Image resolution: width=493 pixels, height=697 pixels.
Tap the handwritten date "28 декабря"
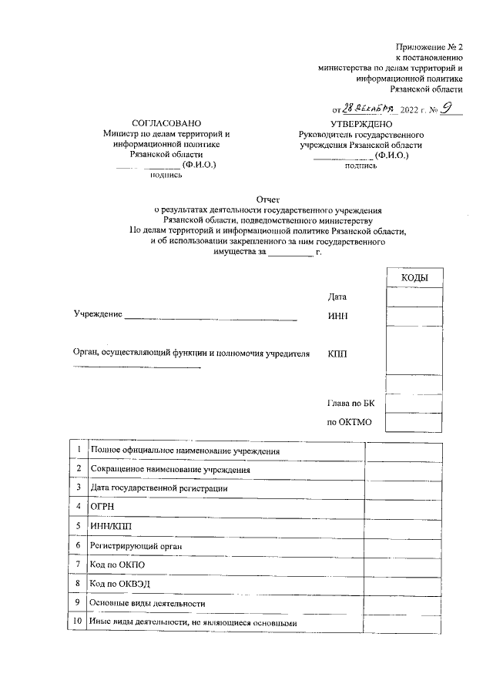[x=371, y=109]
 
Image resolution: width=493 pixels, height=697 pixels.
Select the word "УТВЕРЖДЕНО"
[x=361, y=123]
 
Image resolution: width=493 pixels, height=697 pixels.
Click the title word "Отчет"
[x=267, y=198]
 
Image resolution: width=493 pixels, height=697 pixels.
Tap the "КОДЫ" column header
[x=414, y=278]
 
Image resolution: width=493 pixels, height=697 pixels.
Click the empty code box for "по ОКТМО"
[x=414, y=422]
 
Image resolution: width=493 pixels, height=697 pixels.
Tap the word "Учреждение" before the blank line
[x=99, y=317]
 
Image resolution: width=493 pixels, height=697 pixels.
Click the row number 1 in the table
[x=78, y=449]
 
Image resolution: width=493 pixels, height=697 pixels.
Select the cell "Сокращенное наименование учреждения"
[x=169, y=469]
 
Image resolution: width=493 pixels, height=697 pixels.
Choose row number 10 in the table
[x=77, y=622]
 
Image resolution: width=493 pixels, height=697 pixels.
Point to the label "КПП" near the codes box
[x=337, y=354]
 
